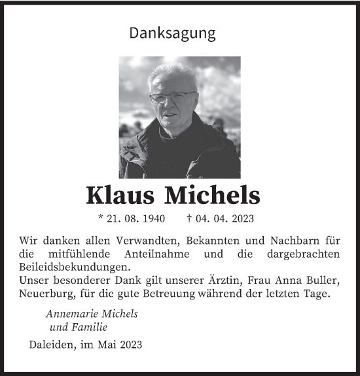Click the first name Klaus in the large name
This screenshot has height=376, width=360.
click(122, 194)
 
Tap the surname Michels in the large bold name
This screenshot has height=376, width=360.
click(219, 194)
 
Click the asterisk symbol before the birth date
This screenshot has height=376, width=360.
click(101, 218)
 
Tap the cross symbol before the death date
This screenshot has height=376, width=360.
click(190, 218)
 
